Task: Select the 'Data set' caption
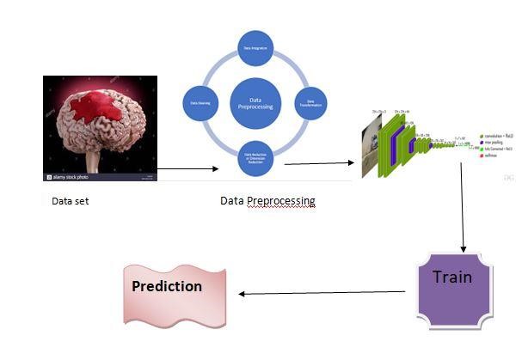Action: click(x=70, y=201)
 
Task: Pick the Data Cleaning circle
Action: click(x=198, y=102)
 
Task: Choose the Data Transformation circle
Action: click(x=312, y=102)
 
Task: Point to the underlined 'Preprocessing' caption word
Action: click(x=280, y=201)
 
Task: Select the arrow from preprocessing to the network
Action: click(x=319, y=162)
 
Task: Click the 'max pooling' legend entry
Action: click(x=492, y=143)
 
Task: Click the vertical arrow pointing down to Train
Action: click(x=462, y=206)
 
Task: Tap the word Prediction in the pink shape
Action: click(x=167, y=286)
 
